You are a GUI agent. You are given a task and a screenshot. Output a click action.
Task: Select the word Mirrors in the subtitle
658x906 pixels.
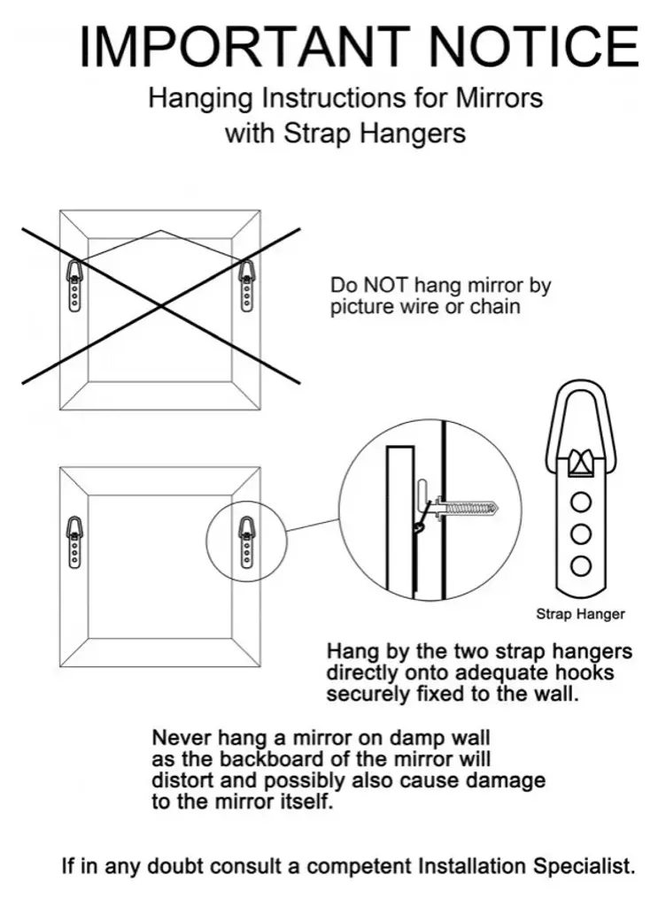pyautogui.click(x=499, y=98)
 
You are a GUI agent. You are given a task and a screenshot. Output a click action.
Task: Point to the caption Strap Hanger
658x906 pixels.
pyautogui.click(x=581, y=614)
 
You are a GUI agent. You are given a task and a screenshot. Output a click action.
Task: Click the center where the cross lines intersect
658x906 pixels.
pyautogui.click(x=161, y=305)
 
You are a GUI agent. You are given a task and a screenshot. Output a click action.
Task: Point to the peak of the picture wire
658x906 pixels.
pyautogui.click(x=160, y=231)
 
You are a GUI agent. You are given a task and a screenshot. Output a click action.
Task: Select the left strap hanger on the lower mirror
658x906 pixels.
pyautogui.click(x=74, y=542)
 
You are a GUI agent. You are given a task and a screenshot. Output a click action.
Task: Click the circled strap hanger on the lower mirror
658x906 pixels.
pyautogui.click(x=247, y=542)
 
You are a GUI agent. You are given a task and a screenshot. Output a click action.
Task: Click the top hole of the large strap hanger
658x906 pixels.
pyautogui.click(x=581, y=503)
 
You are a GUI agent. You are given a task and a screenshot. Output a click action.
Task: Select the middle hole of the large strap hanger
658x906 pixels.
pyautogui.click(x=581, y=534)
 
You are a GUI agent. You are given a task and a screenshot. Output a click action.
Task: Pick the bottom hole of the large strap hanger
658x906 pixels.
pyautogui.click(x=581, y=565)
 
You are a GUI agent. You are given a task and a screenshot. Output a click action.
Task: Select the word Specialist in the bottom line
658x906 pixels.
pyautogui.click(x=584, y=867)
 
